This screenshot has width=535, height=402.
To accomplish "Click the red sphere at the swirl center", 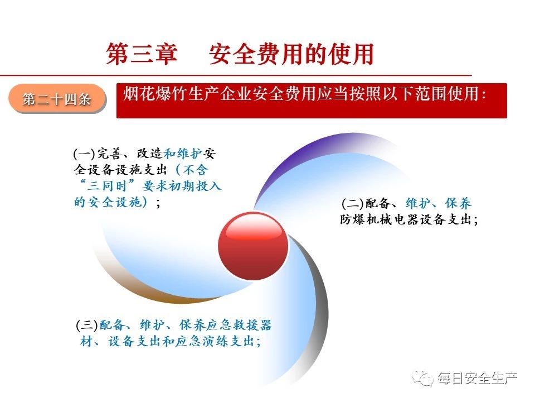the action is [x=253, y=246].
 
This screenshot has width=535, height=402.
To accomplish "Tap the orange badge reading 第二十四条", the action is [x=57, y=99].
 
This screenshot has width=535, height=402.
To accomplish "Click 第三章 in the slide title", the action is [x=142, y=54].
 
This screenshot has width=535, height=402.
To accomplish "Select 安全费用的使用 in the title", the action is [x=291, y=54].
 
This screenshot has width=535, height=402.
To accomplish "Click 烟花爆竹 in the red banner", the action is [x=155, y=94].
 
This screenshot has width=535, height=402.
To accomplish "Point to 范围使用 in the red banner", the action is [x=446, y=94].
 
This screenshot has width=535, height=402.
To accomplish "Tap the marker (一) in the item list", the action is [x=84, y=154].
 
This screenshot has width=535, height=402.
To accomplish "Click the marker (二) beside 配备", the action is [x=352, y=204].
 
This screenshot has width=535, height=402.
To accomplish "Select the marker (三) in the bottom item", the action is [x=87, y=325].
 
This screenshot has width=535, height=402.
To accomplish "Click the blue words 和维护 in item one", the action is [x=183, y=154].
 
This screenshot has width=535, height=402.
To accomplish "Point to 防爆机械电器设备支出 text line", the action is [x=406, y=219].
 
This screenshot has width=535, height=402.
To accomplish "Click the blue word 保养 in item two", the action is [x=458, y=204].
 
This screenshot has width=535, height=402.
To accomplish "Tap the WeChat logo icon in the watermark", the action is [x=423, y=378].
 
